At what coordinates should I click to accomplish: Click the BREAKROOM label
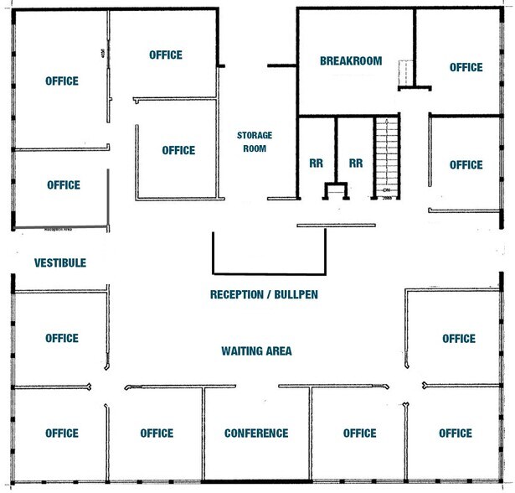pos(351,61)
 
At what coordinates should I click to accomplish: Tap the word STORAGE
pos(255,135)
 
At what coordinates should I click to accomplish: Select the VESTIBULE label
pos(60,262)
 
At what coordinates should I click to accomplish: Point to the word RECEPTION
pos(242,295)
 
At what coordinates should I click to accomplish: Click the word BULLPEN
pos(297,295)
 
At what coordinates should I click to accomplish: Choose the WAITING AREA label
pos(256,350)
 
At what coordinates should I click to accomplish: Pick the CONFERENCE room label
pos(256,433)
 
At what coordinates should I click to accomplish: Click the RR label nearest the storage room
pos(317,163)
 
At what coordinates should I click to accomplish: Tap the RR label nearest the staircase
pos(356,163)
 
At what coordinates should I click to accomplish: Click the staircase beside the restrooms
pos(386,155)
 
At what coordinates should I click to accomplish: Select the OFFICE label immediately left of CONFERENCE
pos(157,433)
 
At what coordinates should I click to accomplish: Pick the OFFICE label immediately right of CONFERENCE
pos(359,433)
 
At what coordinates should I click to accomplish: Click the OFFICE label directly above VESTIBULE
pos(63,184)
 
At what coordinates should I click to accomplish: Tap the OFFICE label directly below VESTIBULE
pos(61,339)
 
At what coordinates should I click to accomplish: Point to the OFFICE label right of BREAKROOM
pos(466,67)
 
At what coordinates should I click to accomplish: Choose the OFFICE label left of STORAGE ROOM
pos(178,151)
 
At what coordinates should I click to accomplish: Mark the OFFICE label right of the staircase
pos(466,165)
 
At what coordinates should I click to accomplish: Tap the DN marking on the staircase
pos(387,191)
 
